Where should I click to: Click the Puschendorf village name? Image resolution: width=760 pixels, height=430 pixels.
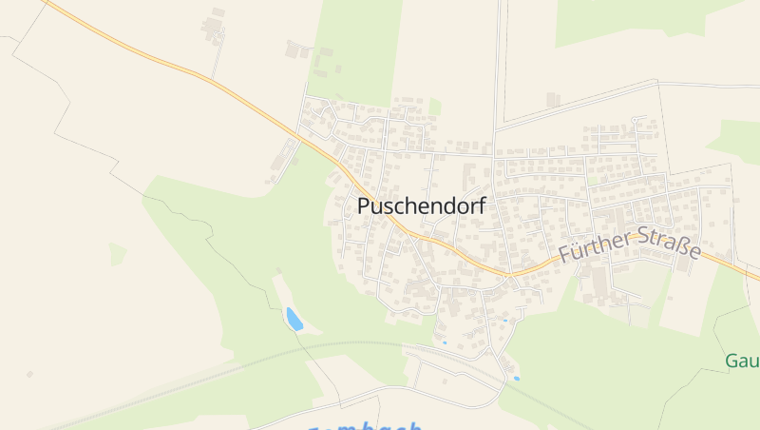point(422,205)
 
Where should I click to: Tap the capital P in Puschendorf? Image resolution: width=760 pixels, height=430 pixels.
point(365,205)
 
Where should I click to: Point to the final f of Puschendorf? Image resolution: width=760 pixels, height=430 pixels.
point(481,205)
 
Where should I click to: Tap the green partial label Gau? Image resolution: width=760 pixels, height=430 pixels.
point(741,362)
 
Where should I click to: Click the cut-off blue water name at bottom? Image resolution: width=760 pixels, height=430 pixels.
point(366,426)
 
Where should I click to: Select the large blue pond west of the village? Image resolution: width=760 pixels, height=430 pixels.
point(294,319)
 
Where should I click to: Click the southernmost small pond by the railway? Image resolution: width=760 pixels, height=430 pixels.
point(517,379)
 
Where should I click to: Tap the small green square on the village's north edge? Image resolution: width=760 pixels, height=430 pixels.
point(434,107)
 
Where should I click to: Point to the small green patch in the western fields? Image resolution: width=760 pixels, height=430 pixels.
point(117,254)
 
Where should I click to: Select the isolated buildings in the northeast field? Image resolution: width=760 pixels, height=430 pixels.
point(553,99)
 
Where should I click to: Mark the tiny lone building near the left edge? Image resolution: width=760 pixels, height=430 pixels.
point(29,375)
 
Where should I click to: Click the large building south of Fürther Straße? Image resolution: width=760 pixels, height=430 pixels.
point(598,282)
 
